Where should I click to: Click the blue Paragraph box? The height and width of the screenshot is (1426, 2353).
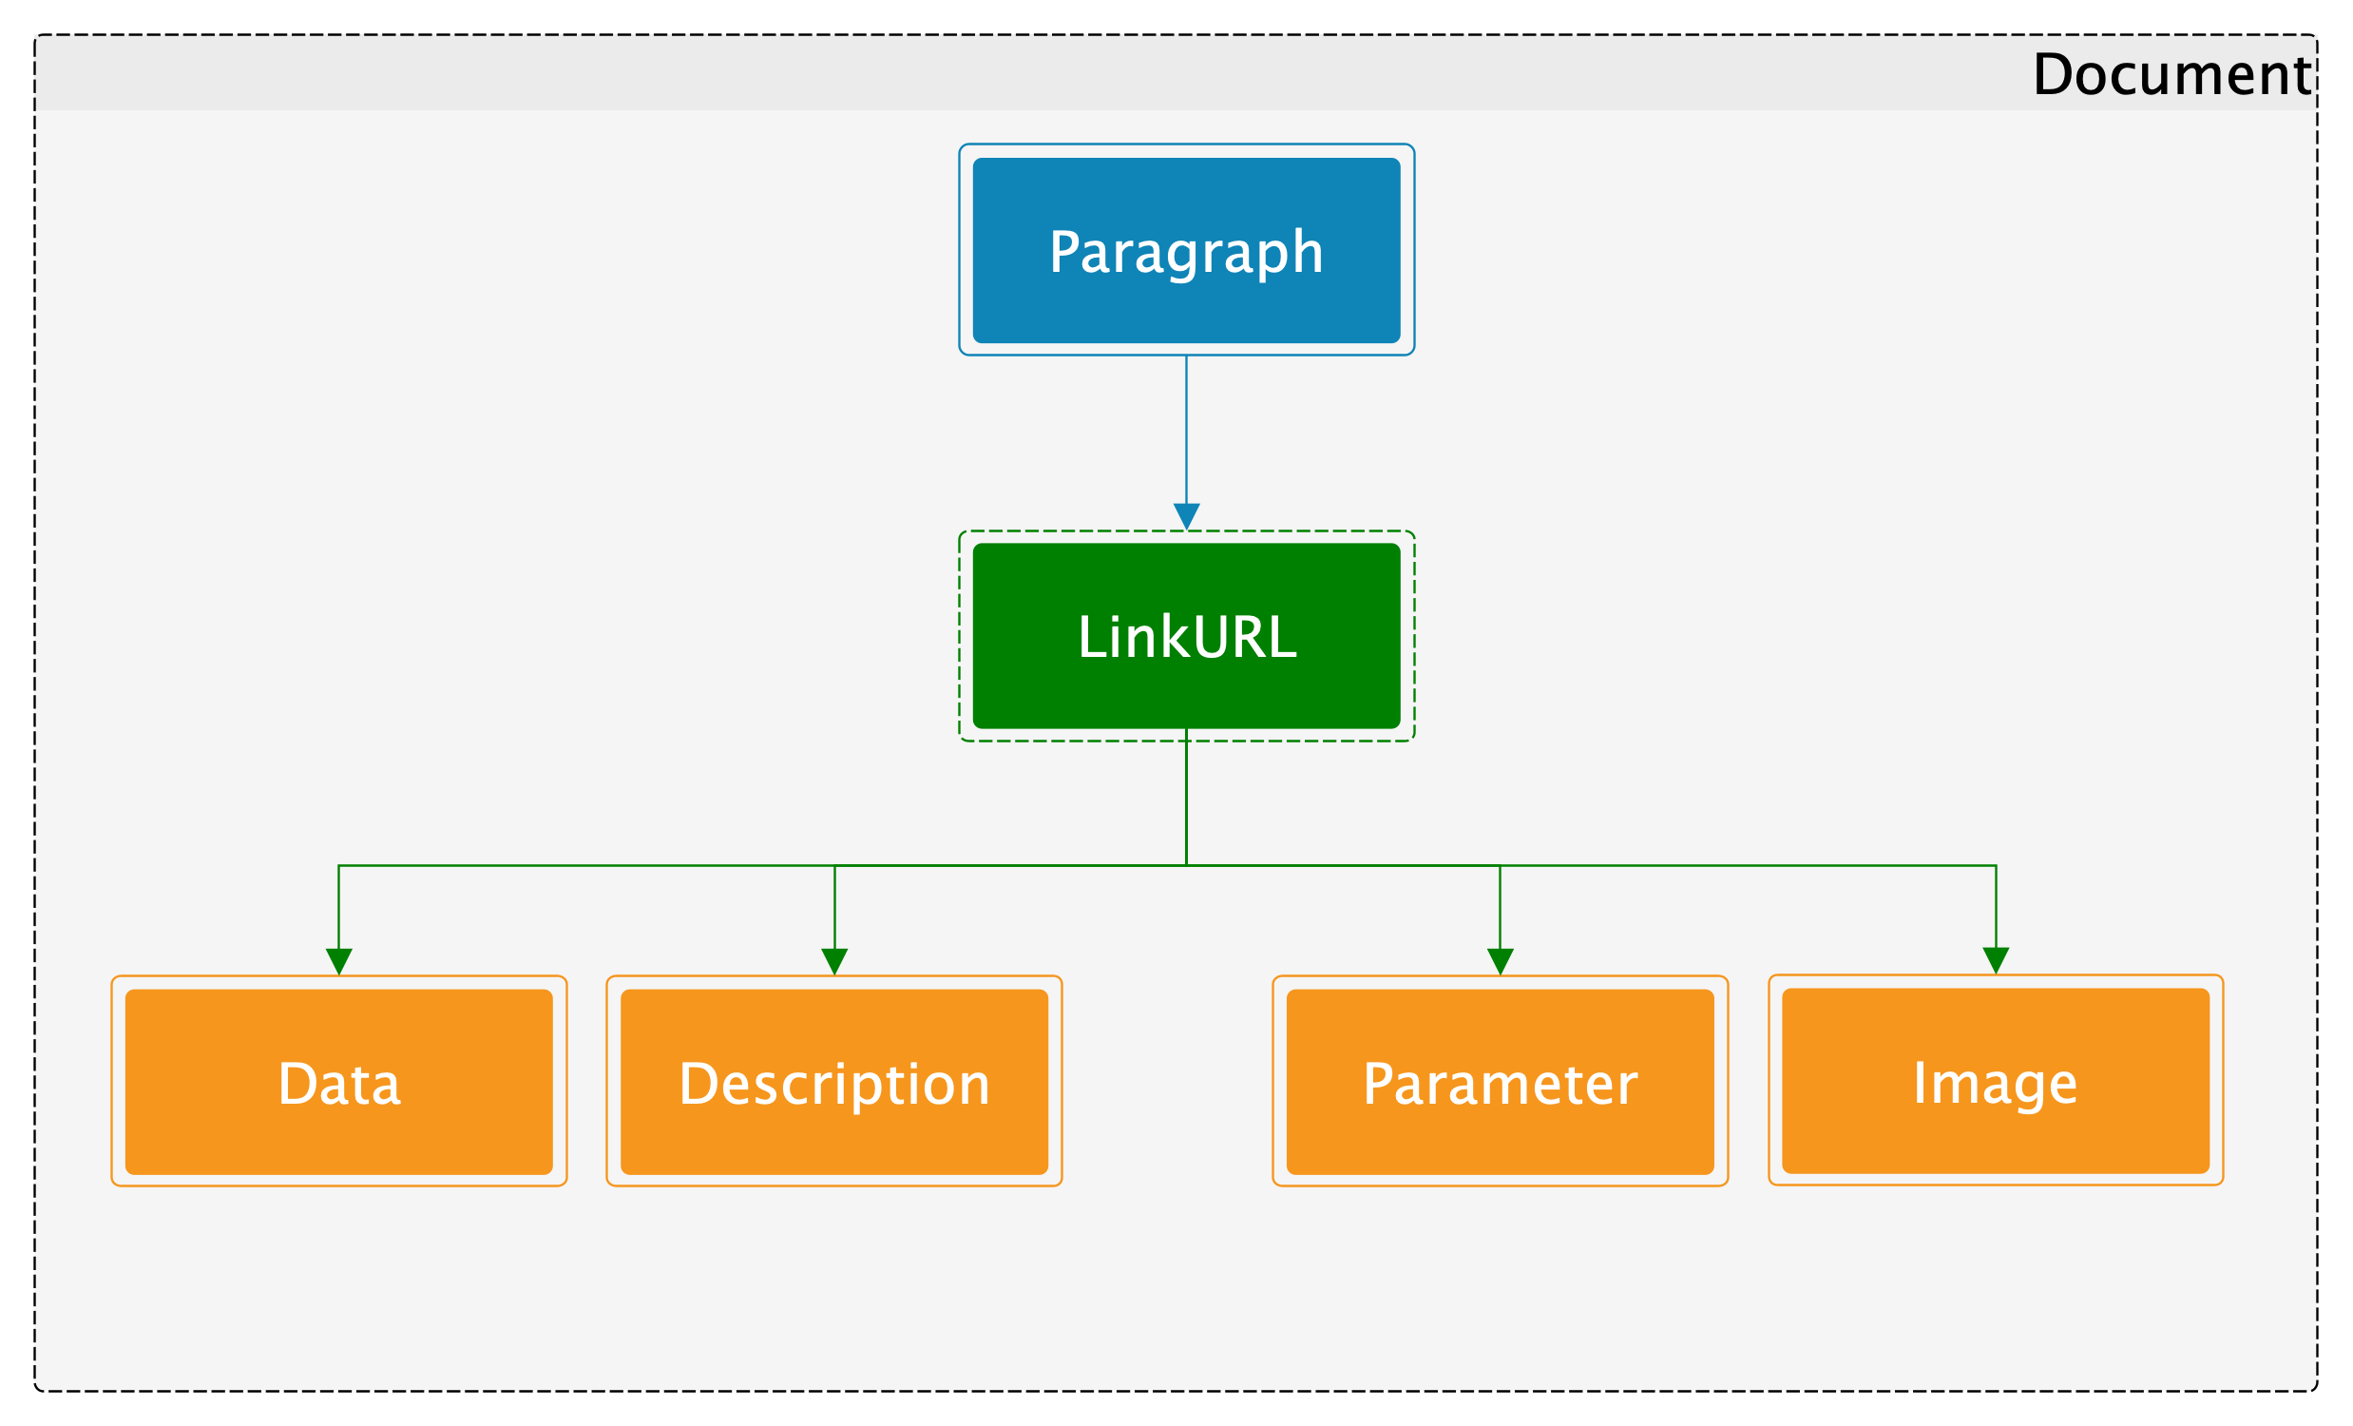coord(1186,250)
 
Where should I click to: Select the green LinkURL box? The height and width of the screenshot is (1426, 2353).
coord(1186,636)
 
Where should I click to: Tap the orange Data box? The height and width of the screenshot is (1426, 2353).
coord(339,1082)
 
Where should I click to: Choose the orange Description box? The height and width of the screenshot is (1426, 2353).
coord(834,1082)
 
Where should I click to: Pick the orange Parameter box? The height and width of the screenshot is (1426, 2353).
coord(1501,1082)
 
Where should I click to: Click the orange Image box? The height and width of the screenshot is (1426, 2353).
coord(1996,1081)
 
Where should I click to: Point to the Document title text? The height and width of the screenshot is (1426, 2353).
coord(2171,73)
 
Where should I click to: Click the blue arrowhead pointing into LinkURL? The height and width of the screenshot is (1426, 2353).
coord(1186,517)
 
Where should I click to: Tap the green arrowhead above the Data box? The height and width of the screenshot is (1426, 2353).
coord(339,962)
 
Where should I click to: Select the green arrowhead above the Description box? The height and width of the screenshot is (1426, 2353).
coord(834,962)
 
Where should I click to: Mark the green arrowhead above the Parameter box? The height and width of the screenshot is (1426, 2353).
coord(1501,962)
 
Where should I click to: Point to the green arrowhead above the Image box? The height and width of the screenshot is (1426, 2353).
coord(1996,961)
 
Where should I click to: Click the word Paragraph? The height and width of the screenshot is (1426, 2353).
coord(1186,252)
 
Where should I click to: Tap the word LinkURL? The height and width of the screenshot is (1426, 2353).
coord(1187,636)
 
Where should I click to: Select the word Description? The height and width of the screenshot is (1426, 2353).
coord(834,1084)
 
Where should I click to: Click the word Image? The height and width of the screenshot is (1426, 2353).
coord(1996,1083)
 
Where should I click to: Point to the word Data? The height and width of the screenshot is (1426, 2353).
coord(339,1083)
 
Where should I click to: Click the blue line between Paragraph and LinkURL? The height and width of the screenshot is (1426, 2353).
coord(1186,430)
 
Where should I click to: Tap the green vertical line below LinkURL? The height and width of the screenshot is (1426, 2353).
coord(1186,797)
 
